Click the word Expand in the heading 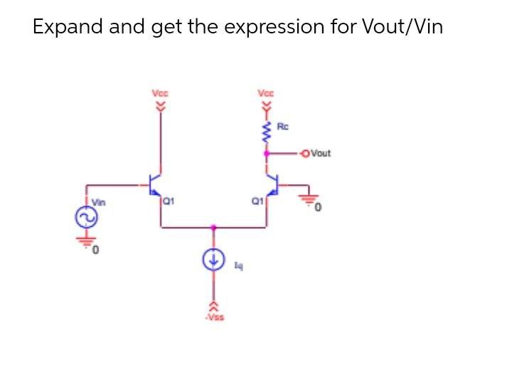point(68,27)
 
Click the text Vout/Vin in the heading point(402,27)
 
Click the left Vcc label point(160,92)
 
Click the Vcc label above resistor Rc point(266,92)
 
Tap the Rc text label point(282,127)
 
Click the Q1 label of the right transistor point(259,200)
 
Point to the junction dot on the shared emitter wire point(213,228)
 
